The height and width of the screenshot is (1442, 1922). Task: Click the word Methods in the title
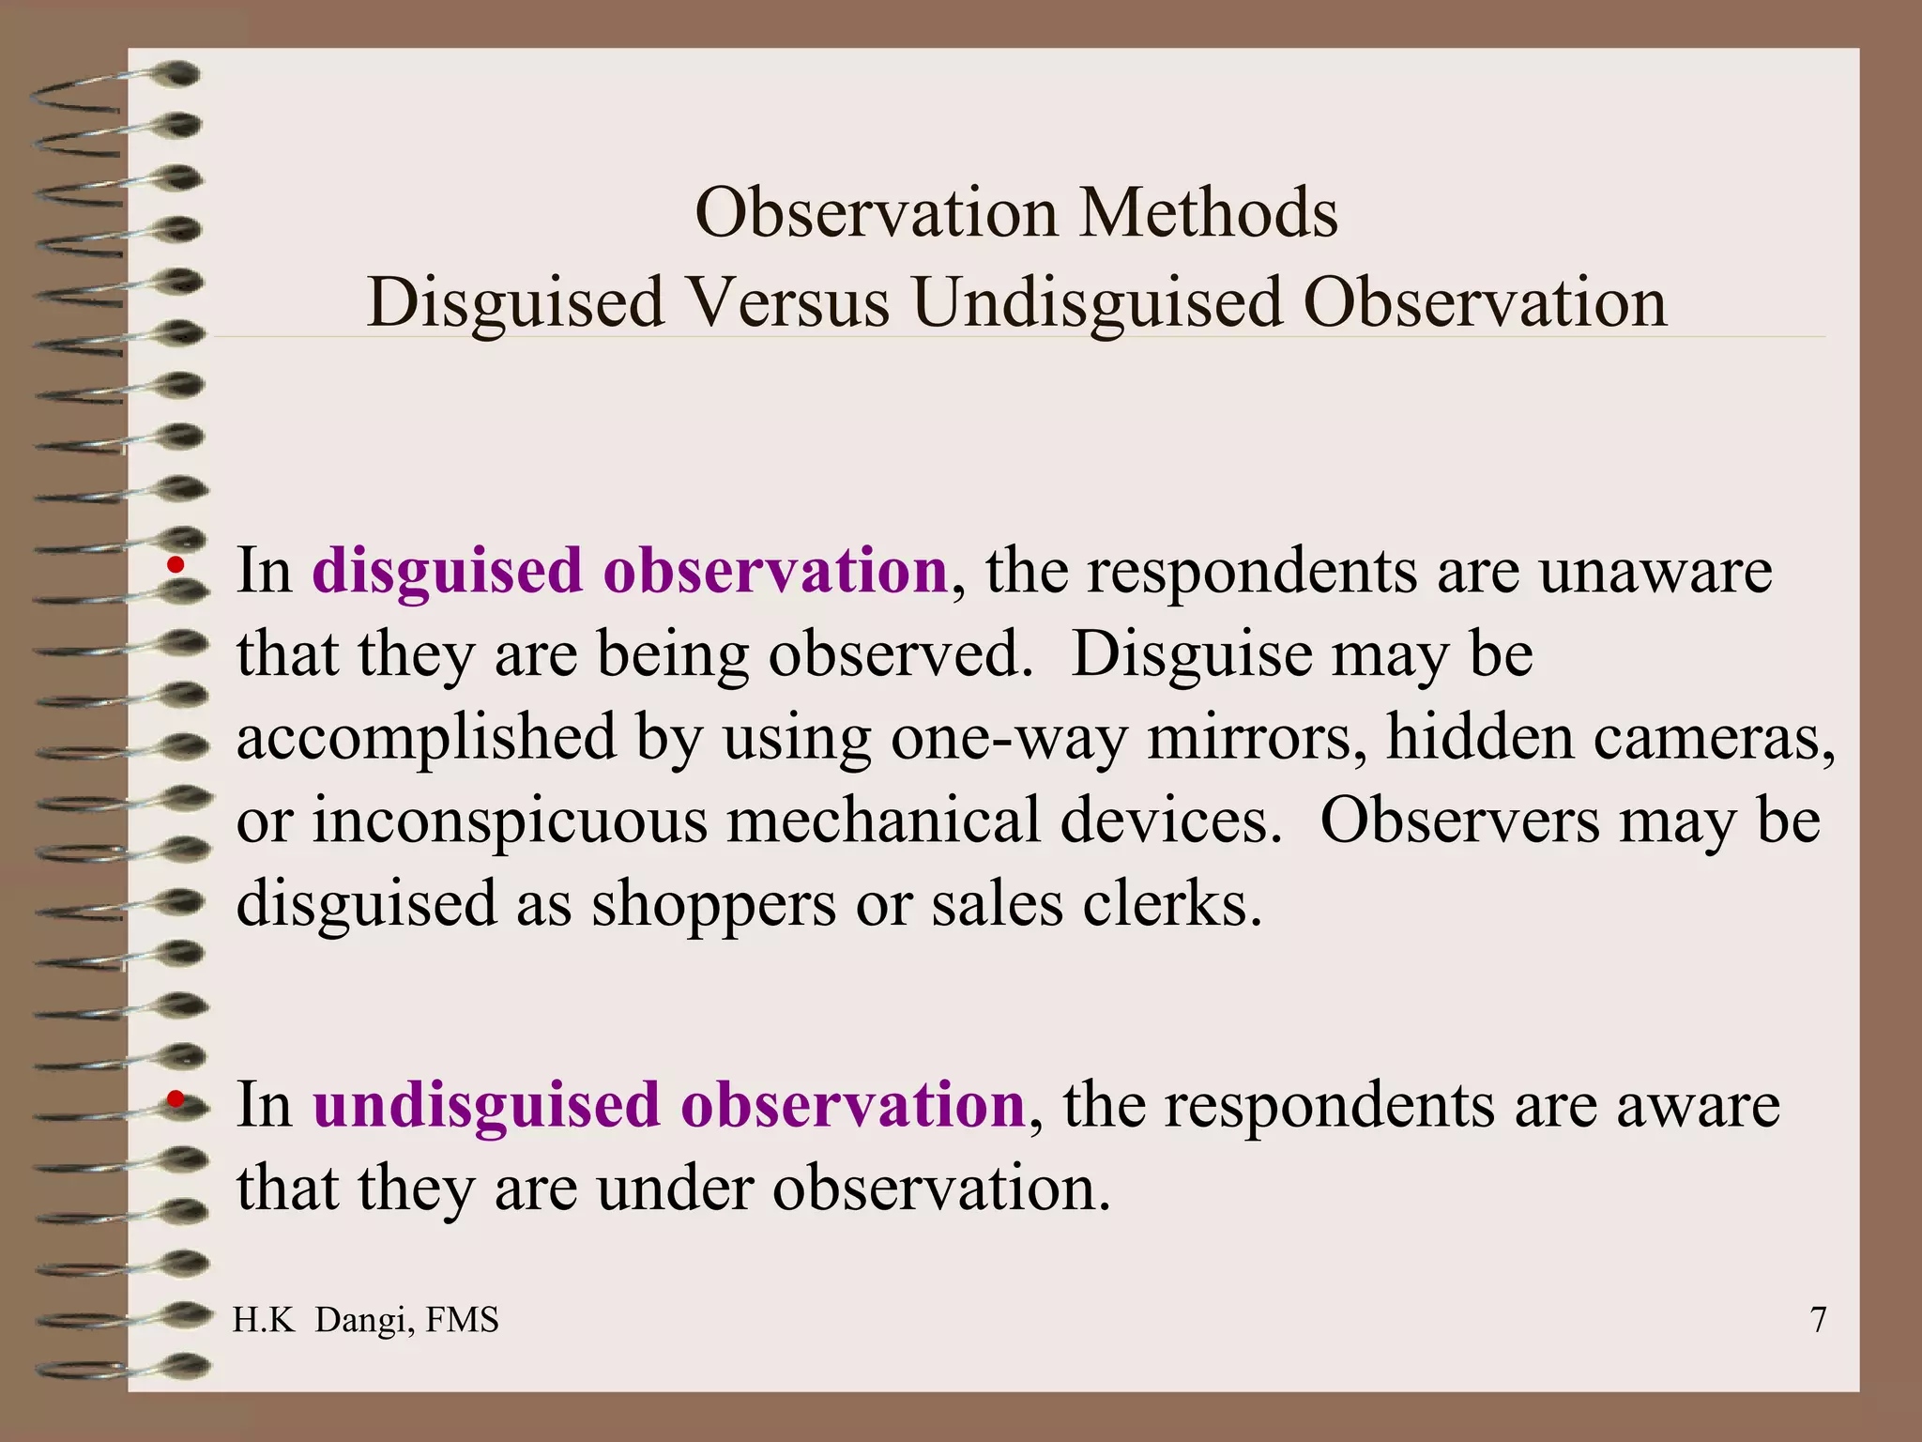(x=1208, y=213)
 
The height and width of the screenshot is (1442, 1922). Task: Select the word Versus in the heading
(x=787, y=302)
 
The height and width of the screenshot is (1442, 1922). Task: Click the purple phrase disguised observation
(x=630, y=570)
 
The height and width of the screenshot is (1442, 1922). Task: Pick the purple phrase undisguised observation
(x=668, y=1104)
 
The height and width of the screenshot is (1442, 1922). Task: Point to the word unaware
(x=1655, y=570)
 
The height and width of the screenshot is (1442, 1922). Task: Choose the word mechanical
(x=884, y=821)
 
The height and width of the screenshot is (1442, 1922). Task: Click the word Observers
(x=1459, y=821)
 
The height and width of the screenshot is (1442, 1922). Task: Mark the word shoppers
(x=713, y=904)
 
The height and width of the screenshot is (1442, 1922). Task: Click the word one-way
(x=1009, y=737)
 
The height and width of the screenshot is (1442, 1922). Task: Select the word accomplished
(x=427, y=737)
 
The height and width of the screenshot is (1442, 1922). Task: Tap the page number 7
(x=1818, y=1320)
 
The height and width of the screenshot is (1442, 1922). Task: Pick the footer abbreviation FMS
(x=462, y=1320)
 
